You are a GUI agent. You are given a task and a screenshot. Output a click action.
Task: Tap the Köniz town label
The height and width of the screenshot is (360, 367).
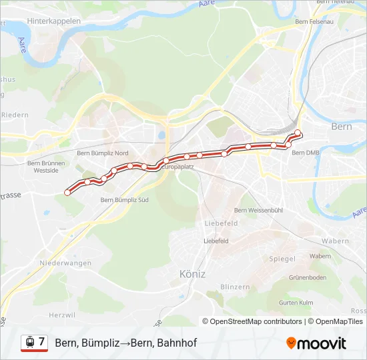point(192,273)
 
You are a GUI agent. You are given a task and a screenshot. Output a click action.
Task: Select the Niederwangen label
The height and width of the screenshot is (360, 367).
point(65,263)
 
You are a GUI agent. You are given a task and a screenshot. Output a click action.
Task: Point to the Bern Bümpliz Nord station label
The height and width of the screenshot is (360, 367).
point(103,153)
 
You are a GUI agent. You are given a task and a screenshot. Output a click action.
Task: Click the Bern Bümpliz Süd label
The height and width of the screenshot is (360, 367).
point(124,199)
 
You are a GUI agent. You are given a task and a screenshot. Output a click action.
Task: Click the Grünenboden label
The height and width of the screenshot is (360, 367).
point(307,277)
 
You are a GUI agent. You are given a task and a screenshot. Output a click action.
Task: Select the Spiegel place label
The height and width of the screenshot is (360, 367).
point(282,259)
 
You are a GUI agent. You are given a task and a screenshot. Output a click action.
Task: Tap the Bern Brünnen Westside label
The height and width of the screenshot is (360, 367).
point(46,167)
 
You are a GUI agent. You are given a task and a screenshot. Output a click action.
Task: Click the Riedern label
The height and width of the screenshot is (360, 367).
point(15,115)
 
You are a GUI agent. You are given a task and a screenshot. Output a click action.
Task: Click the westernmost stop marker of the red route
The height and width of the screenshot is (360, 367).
point(67,193)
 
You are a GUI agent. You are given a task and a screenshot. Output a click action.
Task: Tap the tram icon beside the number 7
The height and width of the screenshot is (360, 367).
point(29,343)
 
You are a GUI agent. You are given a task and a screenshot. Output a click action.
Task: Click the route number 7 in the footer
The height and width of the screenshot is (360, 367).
point(42,342)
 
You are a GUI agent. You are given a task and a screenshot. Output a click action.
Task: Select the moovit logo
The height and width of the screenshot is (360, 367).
point(316,343)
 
